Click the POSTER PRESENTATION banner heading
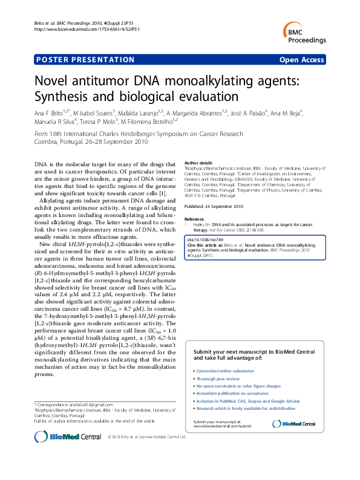85,60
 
